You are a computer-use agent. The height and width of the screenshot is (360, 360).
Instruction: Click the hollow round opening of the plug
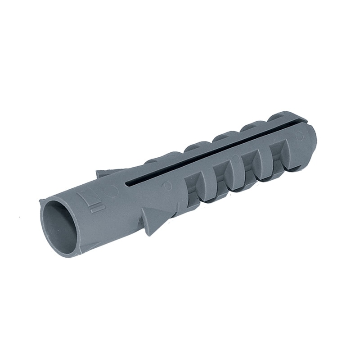pos(58,225)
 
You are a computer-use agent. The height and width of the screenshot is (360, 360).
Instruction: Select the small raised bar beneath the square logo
pos(96,209)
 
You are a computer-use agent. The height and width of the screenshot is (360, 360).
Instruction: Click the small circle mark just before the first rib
pos(167,185)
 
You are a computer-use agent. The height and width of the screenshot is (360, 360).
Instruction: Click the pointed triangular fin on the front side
pos(153,221)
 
